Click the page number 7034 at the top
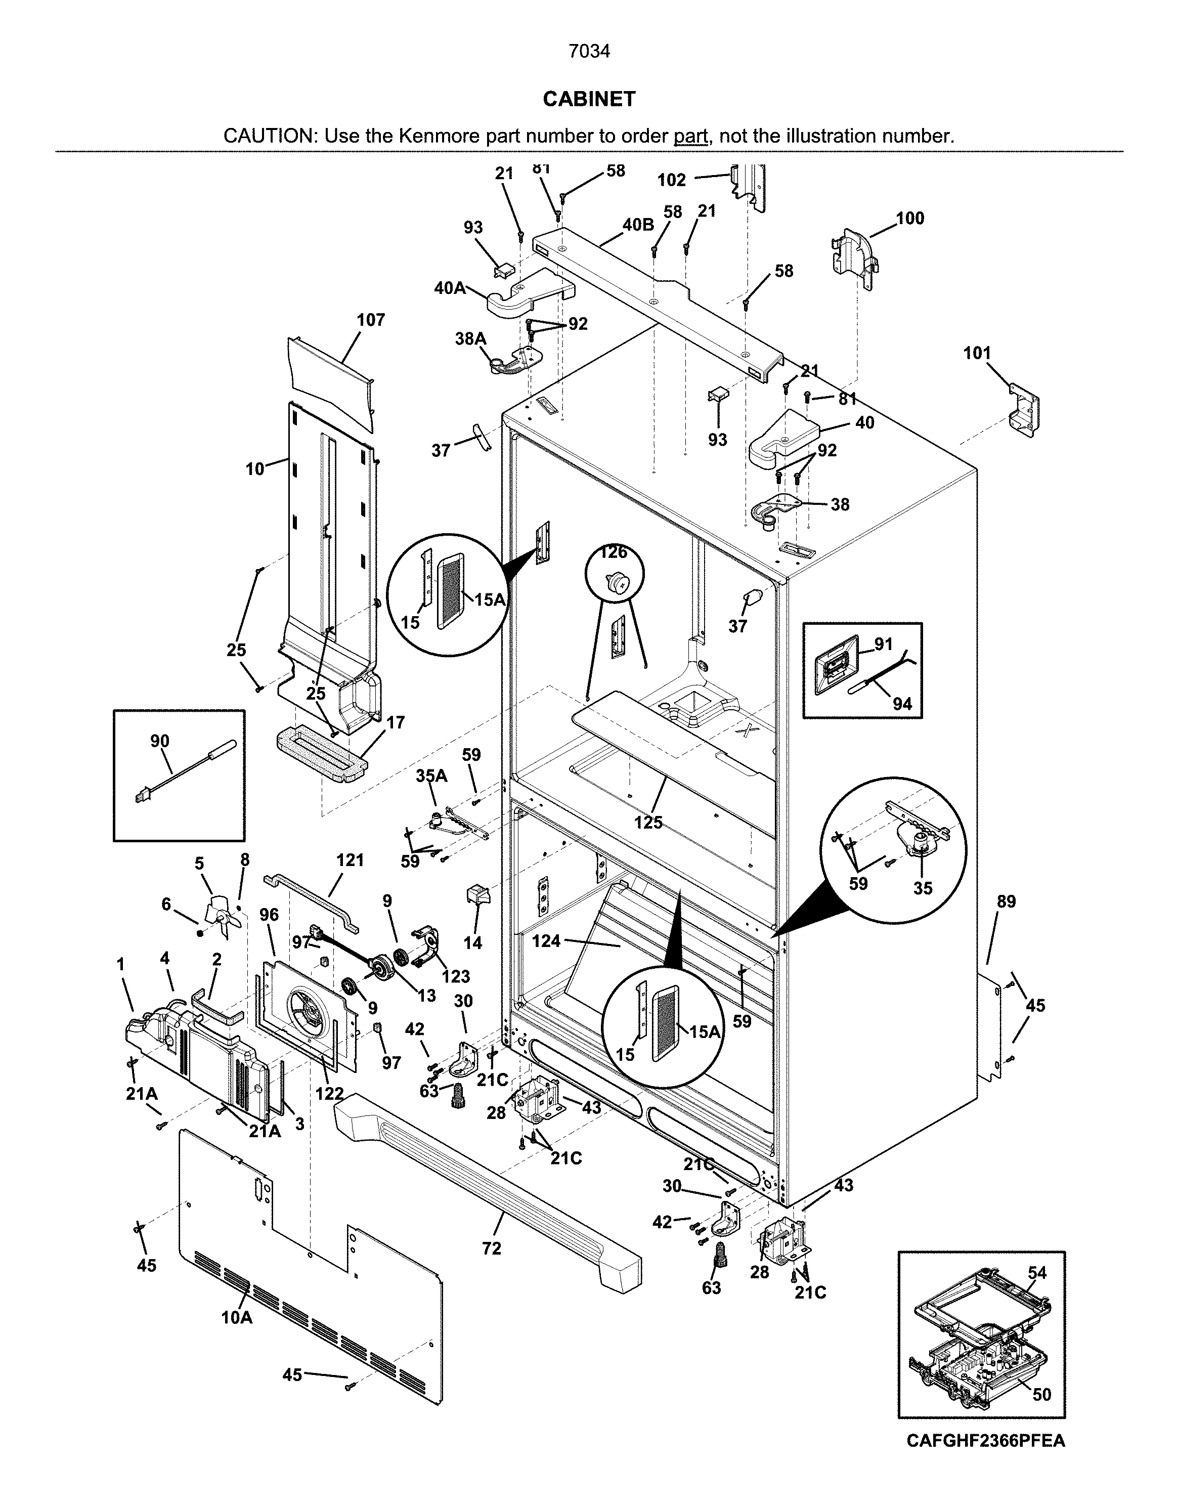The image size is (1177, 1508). coord(589,52)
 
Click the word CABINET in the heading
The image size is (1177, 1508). coord(589,100)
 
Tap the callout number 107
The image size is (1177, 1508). coord(371,320)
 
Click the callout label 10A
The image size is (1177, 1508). coord(237,1317)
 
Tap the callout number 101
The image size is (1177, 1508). coord(977,354)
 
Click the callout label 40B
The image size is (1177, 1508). coord(638,226)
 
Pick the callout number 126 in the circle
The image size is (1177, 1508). coord(613,552)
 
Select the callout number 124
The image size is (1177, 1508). coord(546,940)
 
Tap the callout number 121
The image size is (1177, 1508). coord(350,860)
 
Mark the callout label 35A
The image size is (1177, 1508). coord(431,776)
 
